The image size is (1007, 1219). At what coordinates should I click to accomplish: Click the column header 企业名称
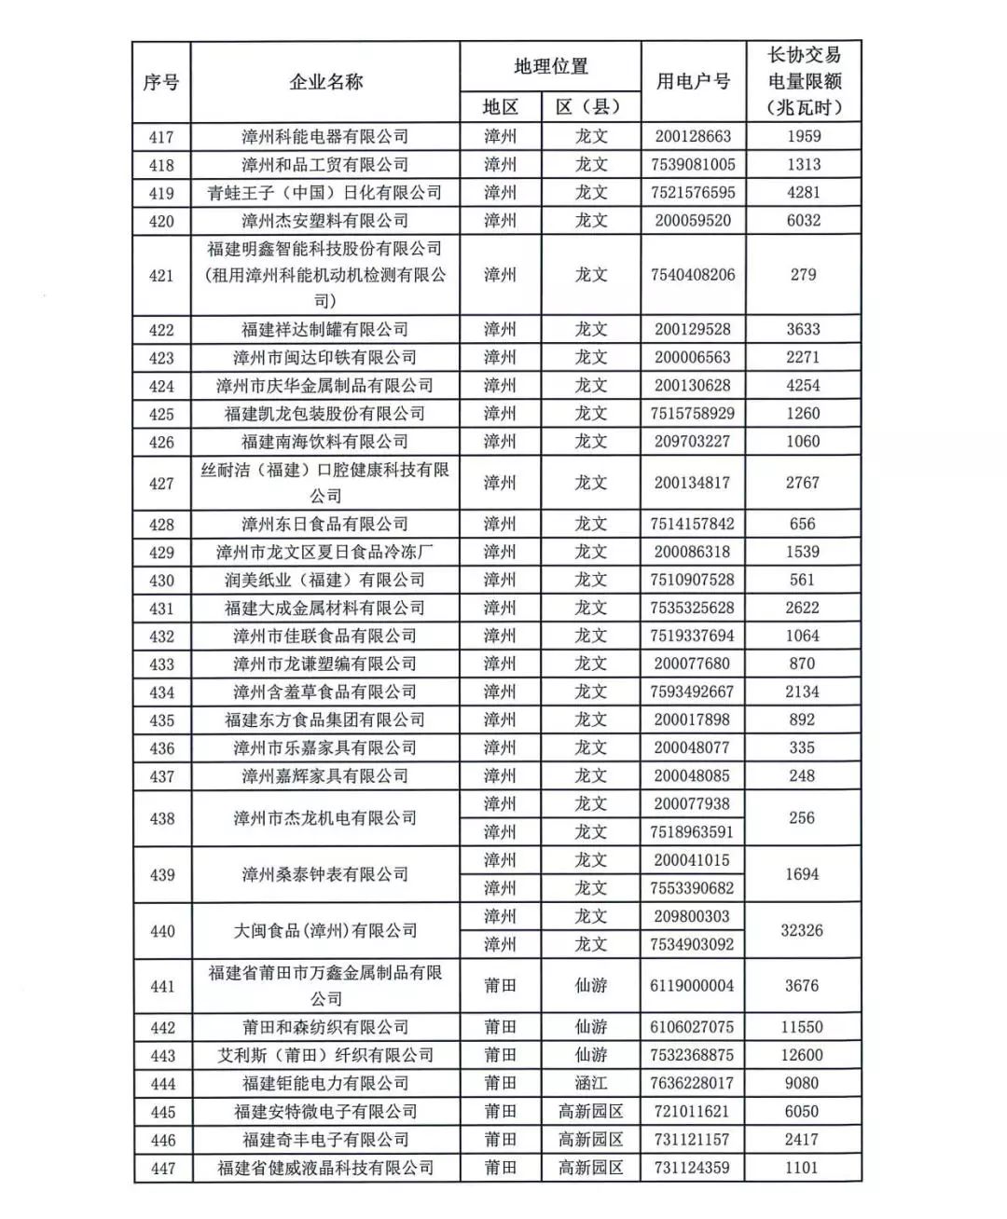point(325,82)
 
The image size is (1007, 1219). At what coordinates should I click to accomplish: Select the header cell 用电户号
point(692,82)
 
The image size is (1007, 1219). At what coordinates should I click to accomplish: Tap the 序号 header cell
point(161,82)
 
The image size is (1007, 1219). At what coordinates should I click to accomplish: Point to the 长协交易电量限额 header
point(803,81)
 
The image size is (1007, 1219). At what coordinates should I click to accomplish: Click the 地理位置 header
point(550,66)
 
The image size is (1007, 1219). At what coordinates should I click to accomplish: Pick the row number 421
point(161,275)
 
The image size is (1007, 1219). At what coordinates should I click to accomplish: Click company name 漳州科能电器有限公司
point(325,137)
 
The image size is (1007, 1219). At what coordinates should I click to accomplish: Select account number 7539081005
point(692,165)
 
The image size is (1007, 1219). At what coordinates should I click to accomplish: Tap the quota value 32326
point(802,930)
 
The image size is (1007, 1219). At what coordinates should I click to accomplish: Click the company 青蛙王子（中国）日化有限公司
point(325,193)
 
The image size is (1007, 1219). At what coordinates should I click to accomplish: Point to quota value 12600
point(802,1055)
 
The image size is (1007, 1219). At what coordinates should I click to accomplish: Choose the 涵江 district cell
point(591,1083)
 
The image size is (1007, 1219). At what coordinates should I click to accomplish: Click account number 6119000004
point(692,985)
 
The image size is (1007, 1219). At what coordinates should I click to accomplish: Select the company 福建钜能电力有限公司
point(325,1083)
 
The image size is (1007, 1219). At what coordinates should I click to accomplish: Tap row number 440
point(162,930)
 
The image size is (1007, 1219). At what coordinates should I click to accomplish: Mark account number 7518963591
point(692,831)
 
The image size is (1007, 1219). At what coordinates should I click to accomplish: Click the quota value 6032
point(803,221)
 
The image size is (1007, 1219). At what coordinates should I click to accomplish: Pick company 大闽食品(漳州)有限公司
point(325,930)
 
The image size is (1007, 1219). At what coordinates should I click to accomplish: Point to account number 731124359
point(692,1167)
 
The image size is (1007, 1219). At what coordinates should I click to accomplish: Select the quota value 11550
point(802,1027)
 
